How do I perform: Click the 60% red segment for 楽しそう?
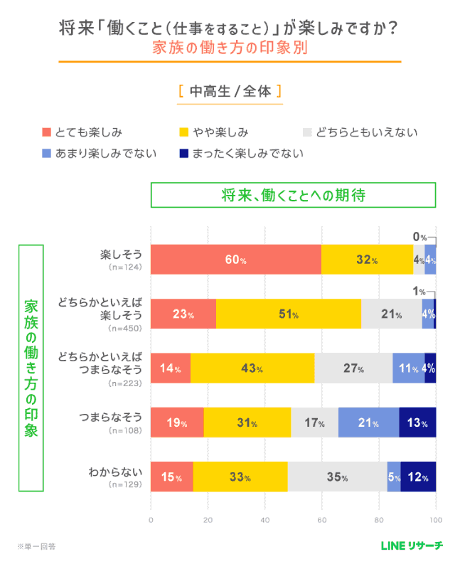[x=235, y=260]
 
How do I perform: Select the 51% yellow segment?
[x=289, y=314]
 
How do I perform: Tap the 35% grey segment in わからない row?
[x=338, y=477]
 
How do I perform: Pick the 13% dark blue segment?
[x=417, y=422]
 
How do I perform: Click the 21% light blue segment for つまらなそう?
[x=368, y=422]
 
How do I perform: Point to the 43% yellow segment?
[x=252, y=368]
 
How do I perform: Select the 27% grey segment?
[x=353, y=368]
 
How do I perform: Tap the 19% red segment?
[x=177, y=422]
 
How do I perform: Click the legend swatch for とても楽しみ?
[x=48, y=132]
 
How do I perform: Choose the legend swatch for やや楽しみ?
[x=183, y=132]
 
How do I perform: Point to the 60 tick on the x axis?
[x=322, y=520]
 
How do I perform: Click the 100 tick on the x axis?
[x=436, y=520]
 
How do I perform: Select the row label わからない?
[x=121, y=472]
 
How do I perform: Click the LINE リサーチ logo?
[x=412, y=546]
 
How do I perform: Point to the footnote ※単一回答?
[x=37, y=546]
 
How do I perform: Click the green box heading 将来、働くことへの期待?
[x=293, y=194]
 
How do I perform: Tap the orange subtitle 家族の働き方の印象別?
[x=230, y=49]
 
